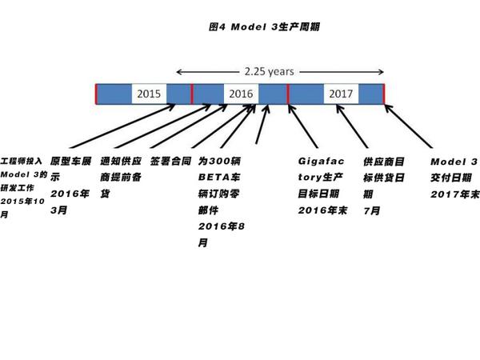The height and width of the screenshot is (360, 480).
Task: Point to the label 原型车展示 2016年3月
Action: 70,182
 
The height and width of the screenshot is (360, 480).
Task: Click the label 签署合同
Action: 170,161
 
